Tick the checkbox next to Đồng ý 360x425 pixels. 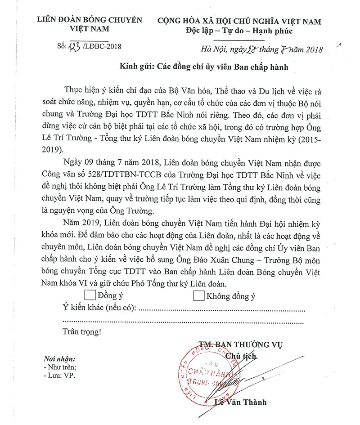click(90, 295)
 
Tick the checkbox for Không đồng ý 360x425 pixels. click(198, 295)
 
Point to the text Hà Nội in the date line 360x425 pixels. click(212, 49)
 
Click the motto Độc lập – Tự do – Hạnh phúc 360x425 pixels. click(239, 31)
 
